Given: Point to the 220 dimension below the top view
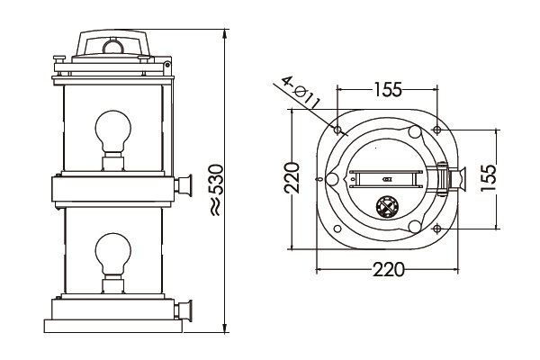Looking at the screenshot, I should click(x=386, y=269).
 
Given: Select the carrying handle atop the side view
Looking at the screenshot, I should click(x=112, y=43).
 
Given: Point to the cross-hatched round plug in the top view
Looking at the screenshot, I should click(x=387, y=206).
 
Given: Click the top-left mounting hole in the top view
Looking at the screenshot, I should click(x=337, y=130).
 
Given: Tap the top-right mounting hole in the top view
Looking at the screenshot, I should click(x=435, y=130).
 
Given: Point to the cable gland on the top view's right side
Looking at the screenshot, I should click(x=458, y=180).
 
